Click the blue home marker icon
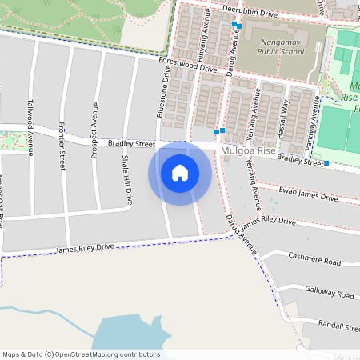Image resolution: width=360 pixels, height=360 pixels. coord(180,172)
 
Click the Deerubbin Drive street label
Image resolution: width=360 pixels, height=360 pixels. coord(250,14)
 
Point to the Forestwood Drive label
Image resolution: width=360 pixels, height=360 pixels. coord(188,66)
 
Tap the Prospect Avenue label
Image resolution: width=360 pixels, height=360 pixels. coord(94,130)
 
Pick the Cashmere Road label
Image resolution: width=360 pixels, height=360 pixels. coord(315,262)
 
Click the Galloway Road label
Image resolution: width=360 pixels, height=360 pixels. coord(329,295)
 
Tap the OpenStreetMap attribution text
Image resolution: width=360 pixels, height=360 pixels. coord(81,354)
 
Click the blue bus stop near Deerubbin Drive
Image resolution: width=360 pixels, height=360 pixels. coord(235,25)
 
